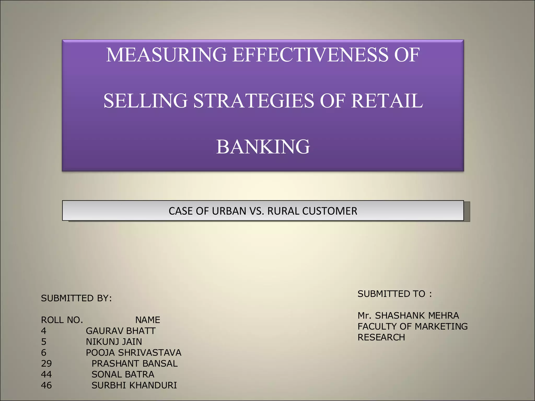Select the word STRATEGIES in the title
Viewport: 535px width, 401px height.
tap(253, 101)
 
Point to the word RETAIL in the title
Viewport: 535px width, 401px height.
tap(387, 101)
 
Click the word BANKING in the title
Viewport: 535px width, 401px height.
tap(263, 146)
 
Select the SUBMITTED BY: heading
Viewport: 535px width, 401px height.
tap(76, 298)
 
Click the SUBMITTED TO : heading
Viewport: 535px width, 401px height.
tap(394, 294)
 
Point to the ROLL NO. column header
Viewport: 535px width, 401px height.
tap(62, 320)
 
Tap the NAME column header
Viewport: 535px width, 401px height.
tap(148, 320)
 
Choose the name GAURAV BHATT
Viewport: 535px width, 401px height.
tap(120, 331)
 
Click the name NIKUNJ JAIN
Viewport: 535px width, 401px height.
tap(114, 341)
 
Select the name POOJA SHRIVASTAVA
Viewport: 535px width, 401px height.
tap(133, 352)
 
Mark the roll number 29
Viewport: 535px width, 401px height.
tap(46, 363)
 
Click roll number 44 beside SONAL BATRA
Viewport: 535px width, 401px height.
tap(46, 374)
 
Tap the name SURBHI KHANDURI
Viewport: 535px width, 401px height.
tap(134, 385)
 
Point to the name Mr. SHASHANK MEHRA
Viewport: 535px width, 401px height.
tap(408, 316)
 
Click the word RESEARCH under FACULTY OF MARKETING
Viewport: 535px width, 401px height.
tap(381, 337)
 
